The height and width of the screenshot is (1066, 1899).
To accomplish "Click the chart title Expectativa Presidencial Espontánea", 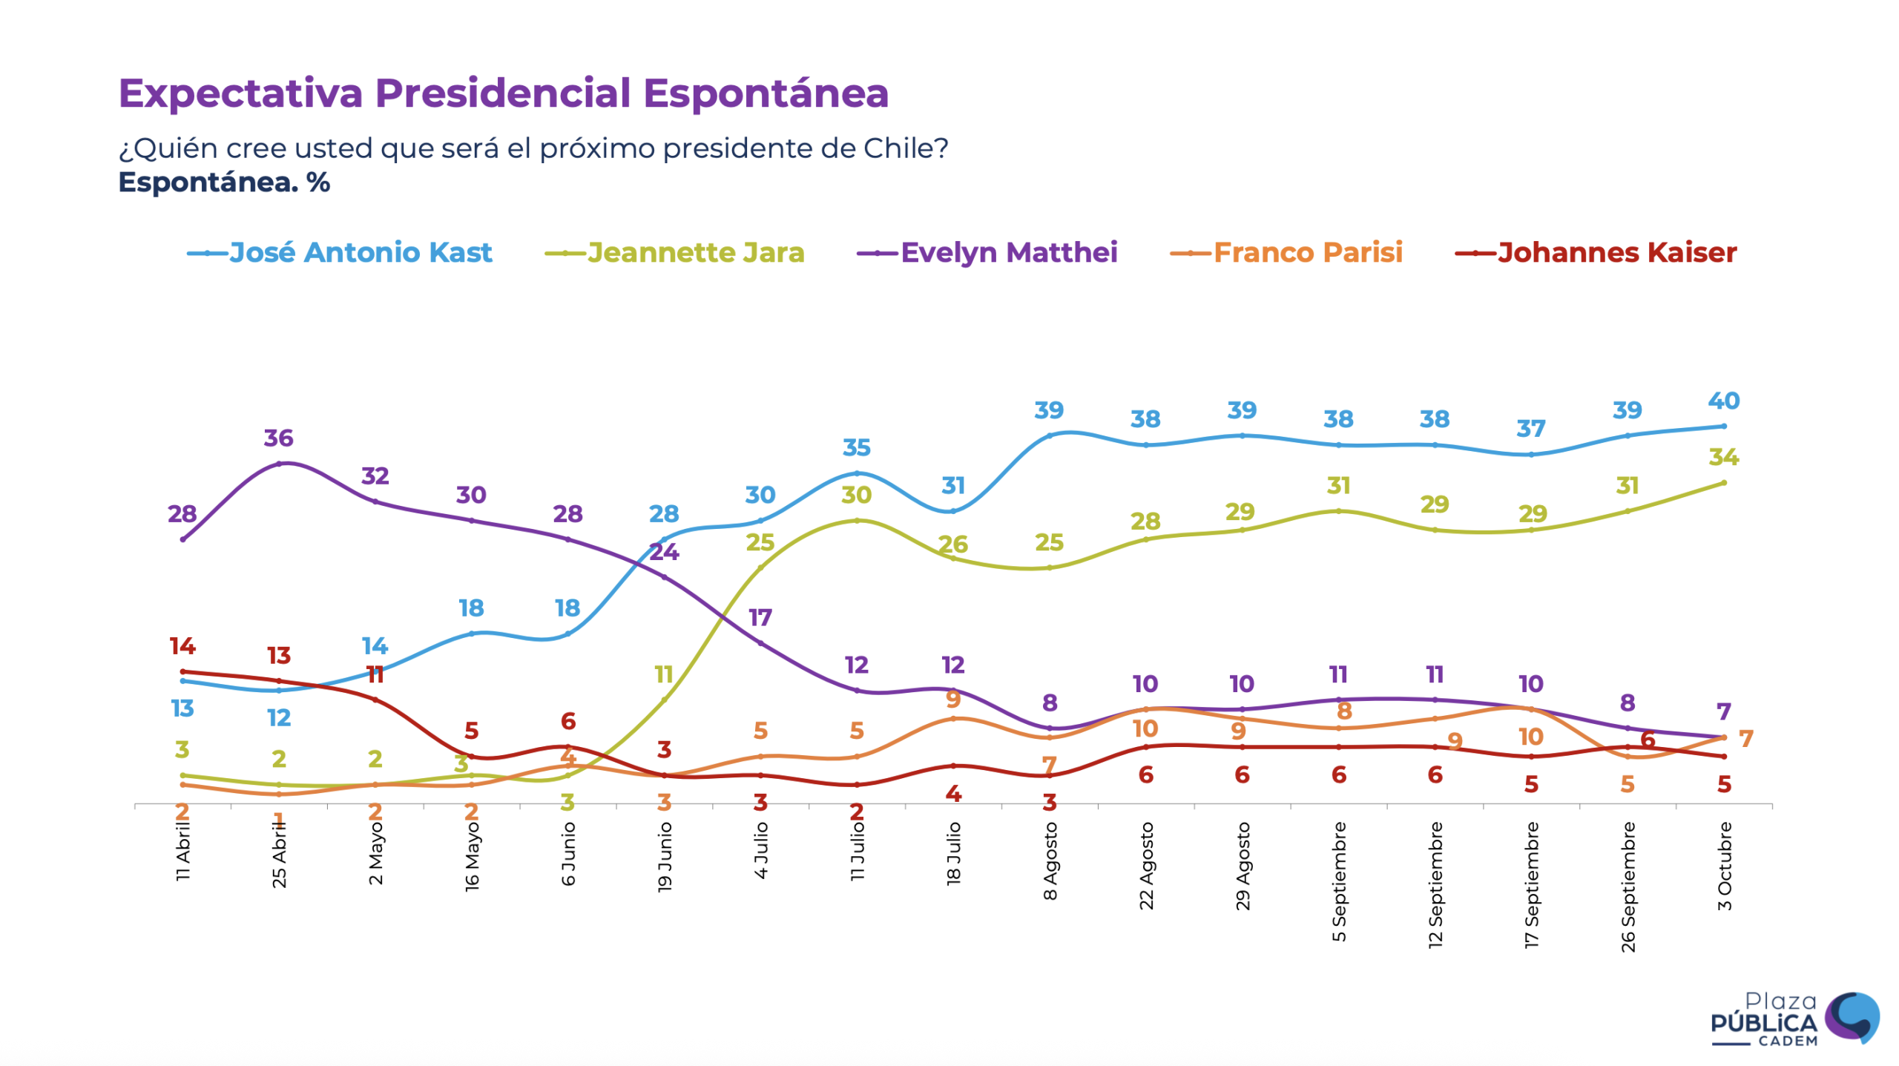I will pyautogui.click(x=503, y=93).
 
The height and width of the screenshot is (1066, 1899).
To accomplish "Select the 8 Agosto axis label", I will pyautogui.click(x=1050, y=861).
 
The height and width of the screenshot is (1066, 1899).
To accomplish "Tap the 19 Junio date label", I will pyautogui.click(x=665, y=856).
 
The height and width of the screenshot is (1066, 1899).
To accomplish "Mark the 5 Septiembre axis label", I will pyautogui.click(x=1339, y=881).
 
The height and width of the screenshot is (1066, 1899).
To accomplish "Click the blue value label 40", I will pyautogui.click(x=1723, y=401).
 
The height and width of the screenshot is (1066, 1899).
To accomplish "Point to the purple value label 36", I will pyautogui.click(x=278, y=438).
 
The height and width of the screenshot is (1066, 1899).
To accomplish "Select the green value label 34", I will pyautogui.click(x=1723, y=457).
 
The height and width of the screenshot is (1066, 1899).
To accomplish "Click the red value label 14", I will pyautogui.click(x=182, y=645).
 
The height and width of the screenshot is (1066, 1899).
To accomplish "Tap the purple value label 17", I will pyautogui.click(x=760, y=617).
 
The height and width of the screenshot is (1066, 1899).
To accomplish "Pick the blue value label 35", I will pyautogui.click(x=856, y=447).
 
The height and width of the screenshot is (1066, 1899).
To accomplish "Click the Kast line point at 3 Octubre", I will pyautogui.click(x=1723, y=426).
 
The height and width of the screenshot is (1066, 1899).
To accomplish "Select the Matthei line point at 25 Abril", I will pyautogui.click(x=279, y=464).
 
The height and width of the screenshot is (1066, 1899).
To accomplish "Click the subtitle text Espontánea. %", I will pyautogui.click(x=224, y=182).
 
